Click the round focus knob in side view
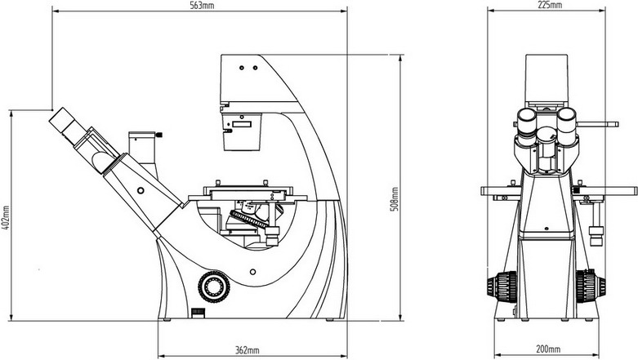[215, 285]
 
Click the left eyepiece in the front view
[529, 123]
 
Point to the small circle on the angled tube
[141, 190]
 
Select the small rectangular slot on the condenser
[243, 126]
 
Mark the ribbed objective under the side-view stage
[251, 219]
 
